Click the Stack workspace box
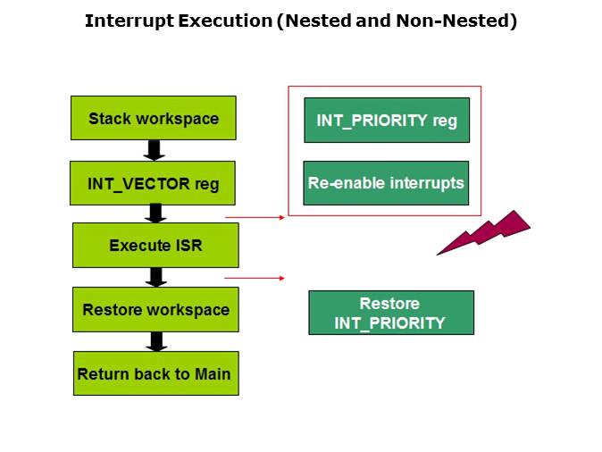pyautogui.click(x=153, y=118)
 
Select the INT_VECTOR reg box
pyautogui.click(x=153, y=184)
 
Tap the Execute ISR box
pyautogui.click(x=155, y=245)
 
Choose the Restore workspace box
pyautogui.click(x=155, y=310)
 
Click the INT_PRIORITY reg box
pyautogui.click(x=387, y=120)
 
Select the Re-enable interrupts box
pyautogui.click(x=386, y=183)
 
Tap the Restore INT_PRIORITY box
pyautogui.click(x=390, y=313)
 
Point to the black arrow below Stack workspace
pyautogui.click(x=154, y=149)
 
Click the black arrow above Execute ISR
pyautogui.click(x=155, y=213)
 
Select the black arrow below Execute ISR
pyautogui.click(x=156, y=277)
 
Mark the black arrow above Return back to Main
pyautogui.click(x=156, y=341)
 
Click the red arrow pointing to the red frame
pyautogui.click(x=255, y=216)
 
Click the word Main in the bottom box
pyautogui.click(x=213, y=374)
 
